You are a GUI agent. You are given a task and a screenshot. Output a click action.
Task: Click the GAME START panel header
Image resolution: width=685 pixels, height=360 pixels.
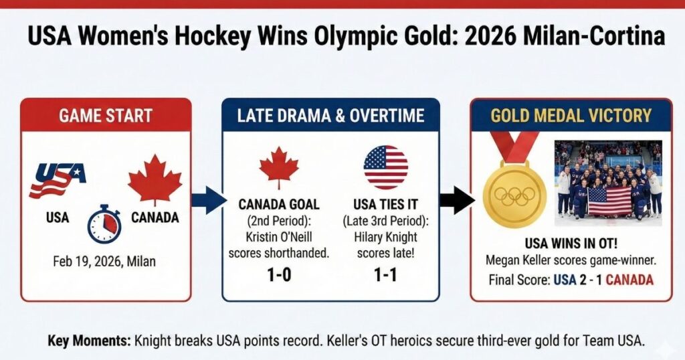coord(106,115)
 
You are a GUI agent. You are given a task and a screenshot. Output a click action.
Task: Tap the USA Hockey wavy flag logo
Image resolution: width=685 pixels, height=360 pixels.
coord(57,179)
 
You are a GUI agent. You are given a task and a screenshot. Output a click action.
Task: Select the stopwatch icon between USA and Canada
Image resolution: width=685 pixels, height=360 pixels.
coord(104,223)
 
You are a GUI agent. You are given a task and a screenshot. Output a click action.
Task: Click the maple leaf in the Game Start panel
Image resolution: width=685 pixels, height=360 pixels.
coord(155,179)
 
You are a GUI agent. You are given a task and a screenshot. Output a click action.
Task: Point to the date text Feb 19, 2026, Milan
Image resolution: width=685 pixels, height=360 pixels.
coord(104,261)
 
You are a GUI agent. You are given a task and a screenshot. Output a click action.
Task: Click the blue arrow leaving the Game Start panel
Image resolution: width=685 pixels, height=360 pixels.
coord(209,201)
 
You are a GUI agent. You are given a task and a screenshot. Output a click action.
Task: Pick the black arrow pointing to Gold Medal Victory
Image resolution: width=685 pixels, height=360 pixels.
coord(457,201)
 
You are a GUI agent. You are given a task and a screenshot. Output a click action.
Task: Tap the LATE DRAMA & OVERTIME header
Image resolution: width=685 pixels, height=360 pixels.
coord(330,115)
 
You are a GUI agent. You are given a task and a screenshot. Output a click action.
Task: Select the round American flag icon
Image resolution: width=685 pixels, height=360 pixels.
coord(386,167)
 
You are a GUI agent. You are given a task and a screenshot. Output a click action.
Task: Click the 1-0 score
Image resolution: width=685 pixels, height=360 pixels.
coord(279,275)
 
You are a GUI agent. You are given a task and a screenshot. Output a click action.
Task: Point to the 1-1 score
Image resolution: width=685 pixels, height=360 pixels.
coord(385,275)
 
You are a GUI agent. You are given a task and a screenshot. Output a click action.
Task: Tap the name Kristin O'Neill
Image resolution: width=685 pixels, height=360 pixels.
coord(279,237)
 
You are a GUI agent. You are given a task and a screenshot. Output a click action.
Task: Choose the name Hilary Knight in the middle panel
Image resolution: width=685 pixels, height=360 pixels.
coord(385,237)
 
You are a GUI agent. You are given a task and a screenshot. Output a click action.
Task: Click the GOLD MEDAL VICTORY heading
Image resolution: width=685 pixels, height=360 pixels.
coord(571,115)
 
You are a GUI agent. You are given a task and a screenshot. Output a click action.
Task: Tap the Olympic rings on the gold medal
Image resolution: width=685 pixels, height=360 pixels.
coord(514,196)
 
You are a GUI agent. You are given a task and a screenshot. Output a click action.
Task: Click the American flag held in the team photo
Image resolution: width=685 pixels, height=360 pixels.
coord(609,201)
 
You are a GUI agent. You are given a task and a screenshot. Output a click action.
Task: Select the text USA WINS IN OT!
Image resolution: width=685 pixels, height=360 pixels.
coord(571,243)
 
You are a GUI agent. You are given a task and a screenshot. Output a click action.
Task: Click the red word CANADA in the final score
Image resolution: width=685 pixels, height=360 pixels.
coord(629,280)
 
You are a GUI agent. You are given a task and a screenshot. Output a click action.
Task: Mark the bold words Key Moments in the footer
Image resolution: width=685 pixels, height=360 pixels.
coord(89,341)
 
